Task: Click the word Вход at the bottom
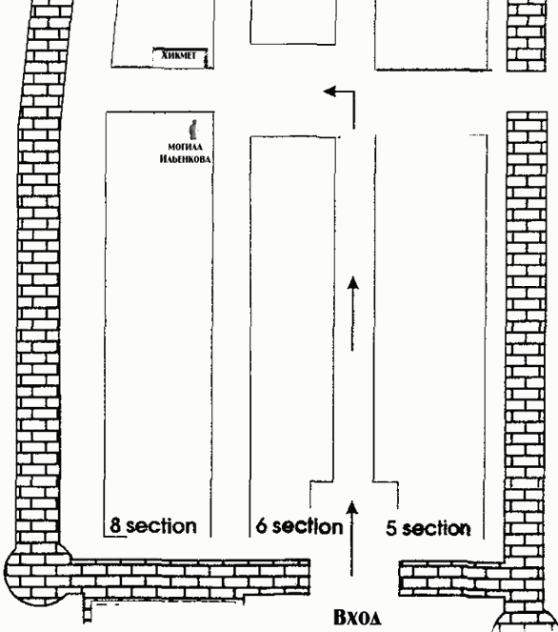tap(357, 617)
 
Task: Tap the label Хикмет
tap(179, 55)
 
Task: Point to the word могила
tap(185, 147)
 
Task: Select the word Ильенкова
tap(185, 159)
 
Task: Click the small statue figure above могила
tap(194, 129)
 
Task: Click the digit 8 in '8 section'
tap(115, 525)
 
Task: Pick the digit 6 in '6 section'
tap(262, 525)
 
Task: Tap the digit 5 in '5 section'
tap(391, 528)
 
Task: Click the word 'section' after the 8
tap(162, 525)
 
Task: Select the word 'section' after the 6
tap(308, 526)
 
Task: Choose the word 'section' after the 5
tap(436, 528)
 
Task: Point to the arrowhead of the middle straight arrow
tap(353, 282)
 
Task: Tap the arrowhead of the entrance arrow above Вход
tap(352, 507)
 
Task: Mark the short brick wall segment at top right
tap(527, 35)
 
